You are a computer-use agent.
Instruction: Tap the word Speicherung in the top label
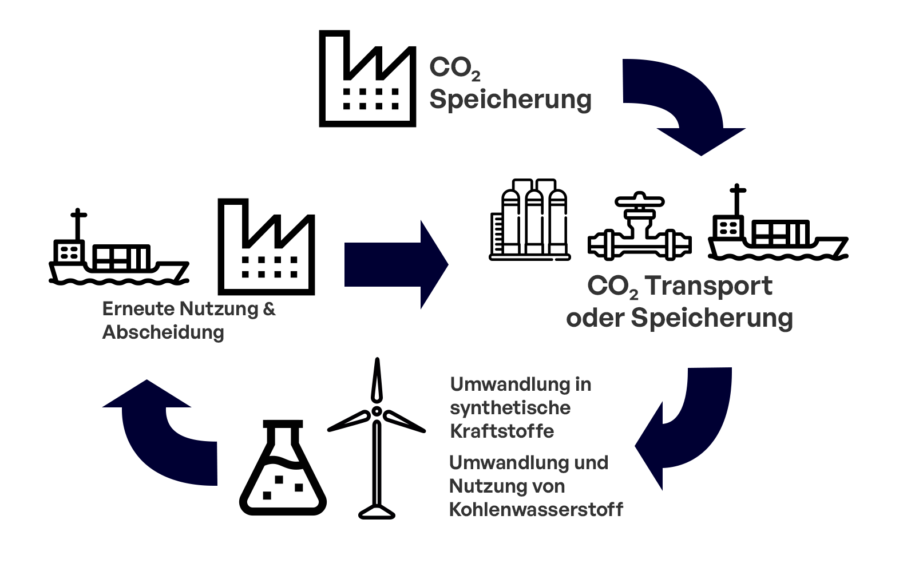click(x=510, y=100)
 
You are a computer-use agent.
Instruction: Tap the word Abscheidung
click(x=163, y=332)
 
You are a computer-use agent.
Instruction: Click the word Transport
click(x=708, y=286)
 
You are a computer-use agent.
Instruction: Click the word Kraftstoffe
click(x=502, y=431)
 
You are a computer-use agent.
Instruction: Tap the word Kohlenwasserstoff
click(x=536, y=509)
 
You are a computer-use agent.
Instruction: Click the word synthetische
click(x=510, y=408)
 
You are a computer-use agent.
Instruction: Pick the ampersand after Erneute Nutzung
click(x=269, y=309)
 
